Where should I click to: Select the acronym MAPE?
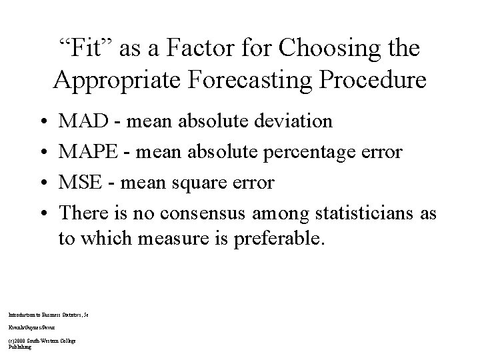point(87,152)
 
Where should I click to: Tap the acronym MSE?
point(79,183)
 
